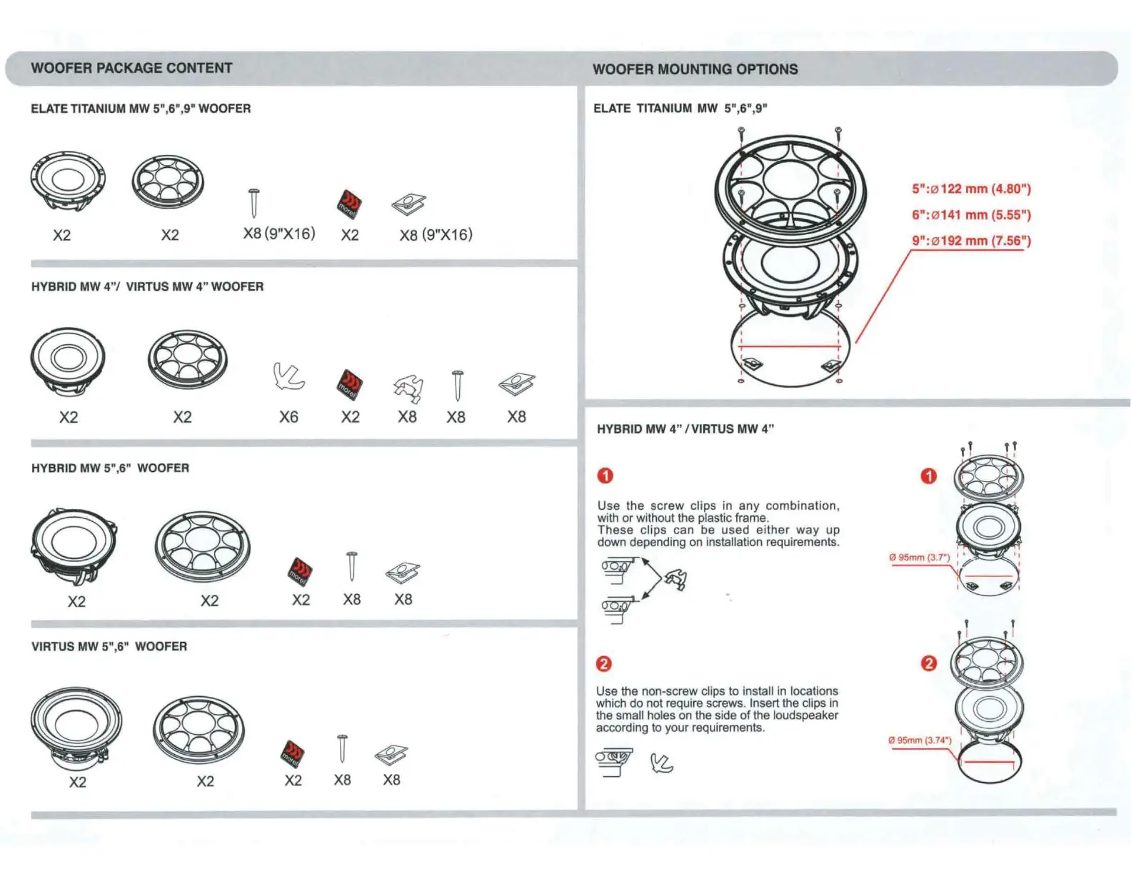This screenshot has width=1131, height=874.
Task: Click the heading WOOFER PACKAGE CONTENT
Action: (131, 68)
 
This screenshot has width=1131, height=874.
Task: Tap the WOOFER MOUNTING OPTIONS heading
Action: (695, 69)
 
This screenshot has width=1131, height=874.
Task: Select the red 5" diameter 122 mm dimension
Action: (971, 189)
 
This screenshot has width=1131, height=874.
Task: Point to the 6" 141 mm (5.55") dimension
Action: (971, 214)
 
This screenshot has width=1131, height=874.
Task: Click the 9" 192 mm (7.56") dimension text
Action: (971, 241)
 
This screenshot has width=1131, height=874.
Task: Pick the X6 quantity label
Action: (288, 416)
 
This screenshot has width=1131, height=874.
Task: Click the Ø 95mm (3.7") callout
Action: (919, 557)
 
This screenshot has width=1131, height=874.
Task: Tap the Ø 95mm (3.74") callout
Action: (920, 740)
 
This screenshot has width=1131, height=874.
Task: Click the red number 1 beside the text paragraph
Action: (605, 476)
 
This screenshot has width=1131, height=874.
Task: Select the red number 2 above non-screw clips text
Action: (603, 664)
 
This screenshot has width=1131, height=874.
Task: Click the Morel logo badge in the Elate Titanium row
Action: (349, 204)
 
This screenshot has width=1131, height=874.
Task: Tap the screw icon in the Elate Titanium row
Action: (253, 203)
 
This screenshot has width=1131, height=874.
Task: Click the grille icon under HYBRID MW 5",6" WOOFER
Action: (203, 546)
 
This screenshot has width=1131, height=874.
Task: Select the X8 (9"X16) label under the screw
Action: (279, 233)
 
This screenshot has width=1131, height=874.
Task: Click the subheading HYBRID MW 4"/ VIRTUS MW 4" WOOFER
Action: (147, 286)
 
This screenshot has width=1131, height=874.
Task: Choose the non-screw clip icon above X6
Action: (289, 376)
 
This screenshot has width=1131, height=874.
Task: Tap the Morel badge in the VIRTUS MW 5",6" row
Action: (293, 753)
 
